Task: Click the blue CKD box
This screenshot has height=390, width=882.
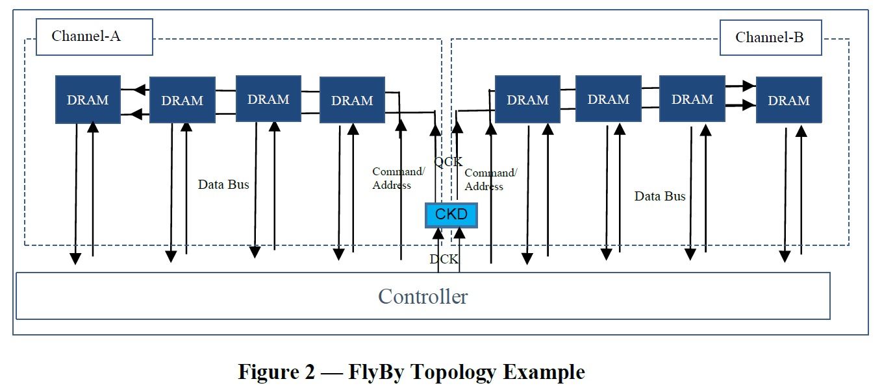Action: pos(451,215)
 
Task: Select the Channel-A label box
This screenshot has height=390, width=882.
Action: pos(94,36)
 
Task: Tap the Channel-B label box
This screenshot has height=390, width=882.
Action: pos(770,38)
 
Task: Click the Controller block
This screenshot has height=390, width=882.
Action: pos(423,296)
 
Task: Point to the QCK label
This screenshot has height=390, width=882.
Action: pos(448,162)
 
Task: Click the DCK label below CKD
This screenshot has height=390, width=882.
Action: pos(444,260)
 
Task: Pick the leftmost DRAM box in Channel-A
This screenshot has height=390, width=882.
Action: pos(88,100)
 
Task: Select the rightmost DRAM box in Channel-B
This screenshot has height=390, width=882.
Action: pos(788,101)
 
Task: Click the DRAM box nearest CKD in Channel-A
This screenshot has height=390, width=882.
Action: pos(352,100)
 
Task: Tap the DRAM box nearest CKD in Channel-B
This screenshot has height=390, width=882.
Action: pos(527,100)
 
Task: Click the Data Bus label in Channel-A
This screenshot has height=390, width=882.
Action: pos(223,185)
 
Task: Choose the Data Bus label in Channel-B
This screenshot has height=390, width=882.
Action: pos(660,196)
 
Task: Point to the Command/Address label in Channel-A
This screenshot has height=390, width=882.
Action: pos(398,178)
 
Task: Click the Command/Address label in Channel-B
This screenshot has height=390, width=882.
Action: pos(490,180)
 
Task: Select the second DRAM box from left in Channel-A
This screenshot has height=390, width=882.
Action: pos(182,100)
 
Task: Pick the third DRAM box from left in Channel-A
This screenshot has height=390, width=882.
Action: pos(268,99)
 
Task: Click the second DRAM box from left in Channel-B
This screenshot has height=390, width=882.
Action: pos(608,99)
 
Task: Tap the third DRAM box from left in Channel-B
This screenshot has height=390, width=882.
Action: pos(692,99)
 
